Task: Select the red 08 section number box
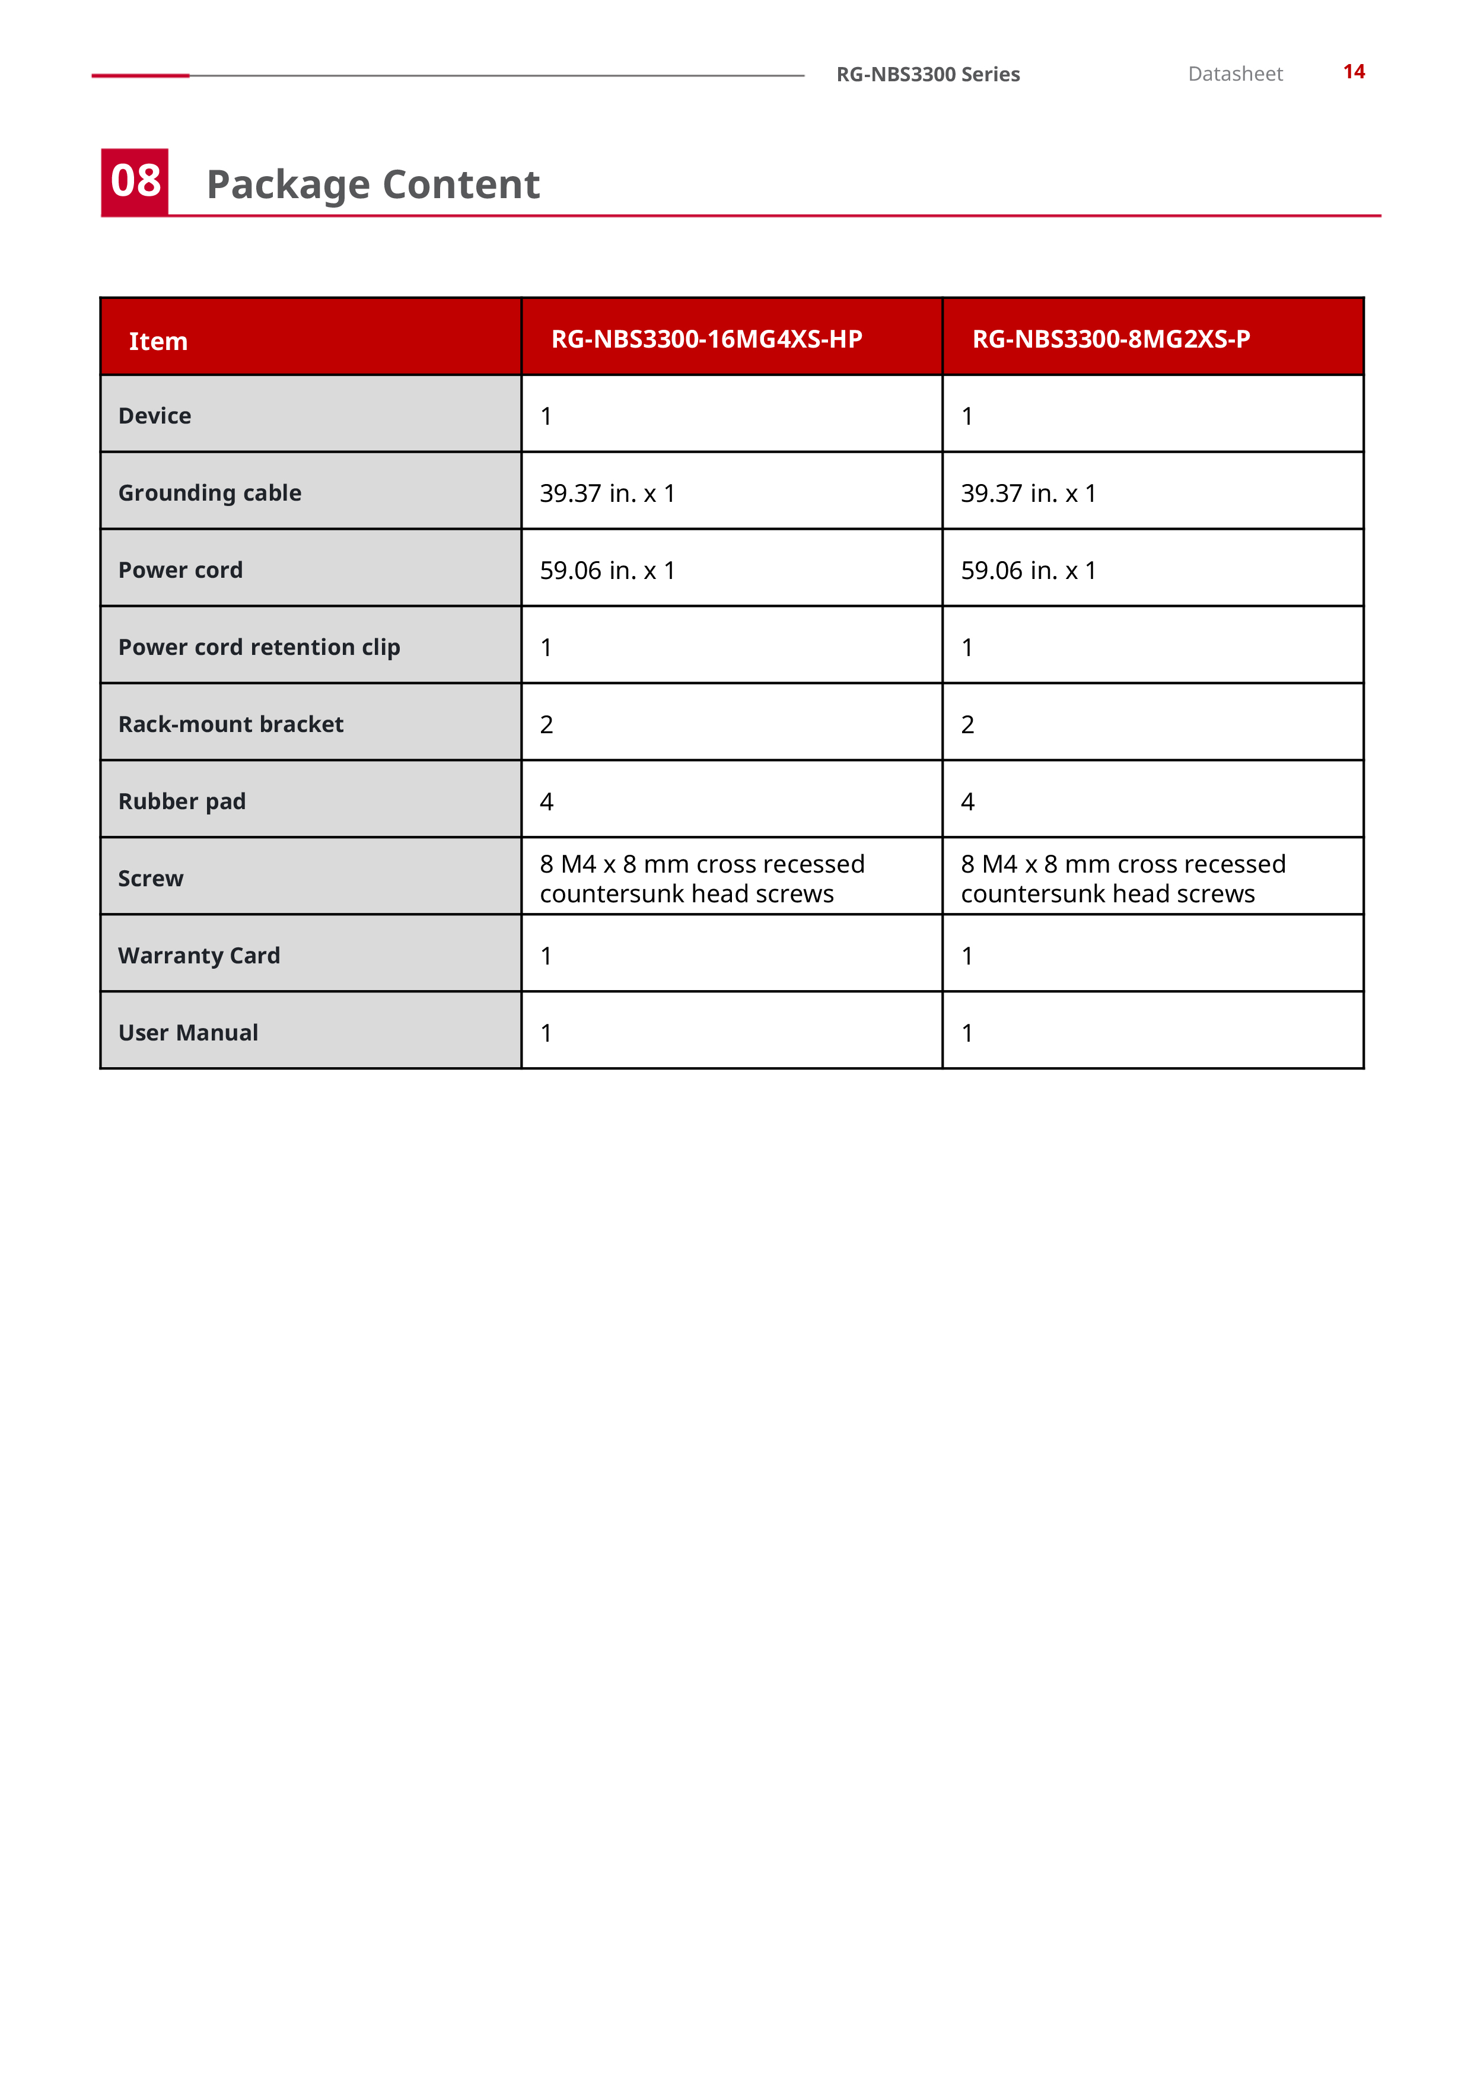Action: click(x=135, y=182)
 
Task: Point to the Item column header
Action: click(x=158, y=342)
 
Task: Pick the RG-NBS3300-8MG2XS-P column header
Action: click(x=1110, y=339)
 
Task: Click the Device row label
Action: click(x=155, y=416)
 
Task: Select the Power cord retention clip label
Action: click(x=259, y=647)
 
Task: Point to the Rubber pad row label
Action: click(x=182, y=801)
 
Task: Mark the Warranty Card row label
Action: click(x=199, y=955)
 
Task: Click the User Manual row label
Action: click(x=189, y=1032)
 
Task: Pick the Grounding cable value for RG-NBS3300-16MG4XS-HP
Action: click(x=607, y=493)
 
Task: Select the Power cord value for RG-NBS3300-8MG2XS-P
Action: click(x=1028, y=570)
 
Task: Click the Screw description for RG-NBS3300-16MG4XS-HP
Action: click(x=702, y=879)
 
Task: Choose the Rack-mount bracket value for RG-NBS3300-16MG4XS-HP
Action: click(x=546, y=724)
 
